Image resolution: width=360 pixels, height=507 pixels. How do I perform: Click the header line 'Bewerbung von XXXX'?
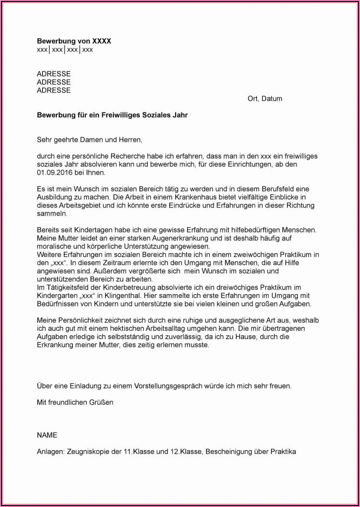point(74,41)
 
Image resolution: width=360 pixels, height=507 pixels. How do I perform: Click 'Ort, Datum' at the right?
point(265,98)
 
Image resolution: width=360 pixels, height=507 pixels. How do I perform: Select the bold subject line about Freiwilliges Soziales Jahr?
point(112,115)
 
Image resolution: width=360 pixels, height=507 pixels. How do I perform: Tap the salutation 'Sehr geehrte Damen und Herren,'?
point(90,139)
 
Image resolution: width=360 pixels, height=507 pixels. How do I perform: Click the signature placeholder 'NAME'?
point(47,435)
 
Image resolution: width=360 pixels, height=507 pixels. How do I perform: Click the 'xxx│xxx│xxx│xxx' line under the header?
point(65,49)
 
